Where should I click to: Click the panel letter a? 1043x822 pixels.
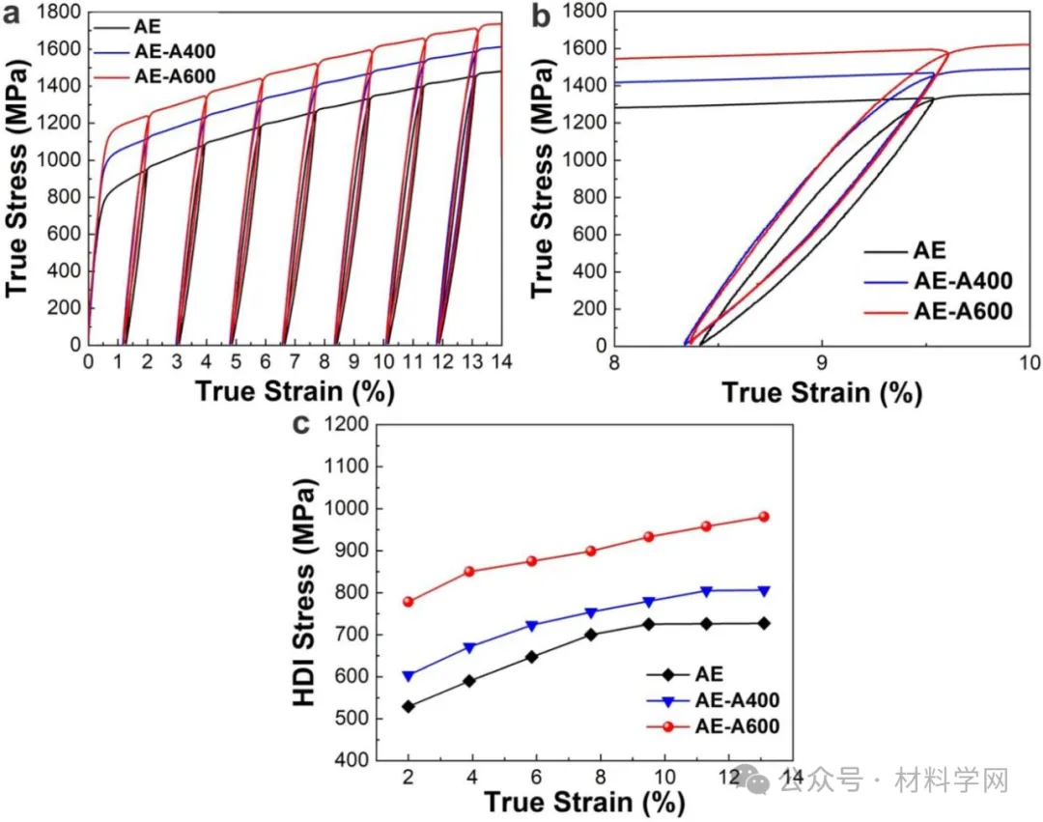click(14, 14)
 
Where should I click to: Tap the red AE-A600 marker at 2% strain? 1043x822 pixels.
click(409, 602)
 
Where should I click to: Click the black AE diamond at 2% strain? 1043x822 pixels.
click(409, 706)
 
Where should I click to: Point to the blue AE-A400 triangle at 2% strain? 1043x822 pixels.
click(409, 676)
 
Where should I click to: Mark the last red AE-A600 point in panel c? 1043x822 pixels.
click(763, 517)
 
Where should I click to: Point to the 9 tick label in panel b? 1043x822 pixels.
click(822, 364)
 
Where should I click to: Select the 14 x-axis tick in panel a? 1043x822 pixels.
click(500, 362)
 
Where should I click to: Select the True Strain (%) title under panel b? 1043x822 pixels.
click(822, 393)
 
